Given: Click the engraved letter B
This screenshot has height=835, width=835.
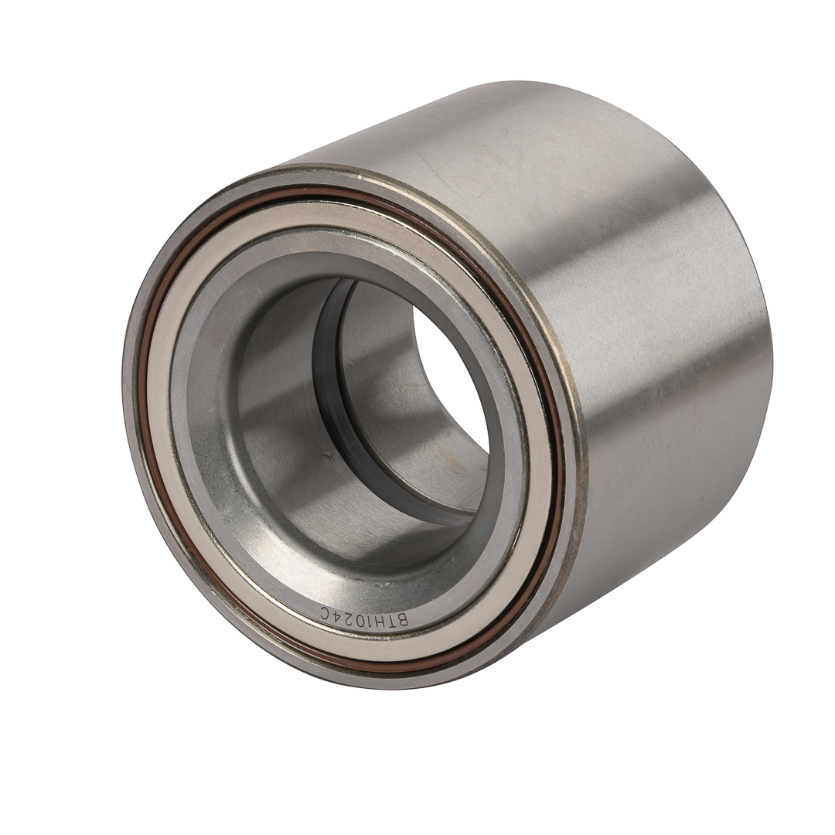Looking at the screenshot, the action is pos(403,620).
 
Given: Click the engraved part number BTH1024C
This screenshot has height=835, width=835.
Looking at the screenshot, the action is pos(365,616).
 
